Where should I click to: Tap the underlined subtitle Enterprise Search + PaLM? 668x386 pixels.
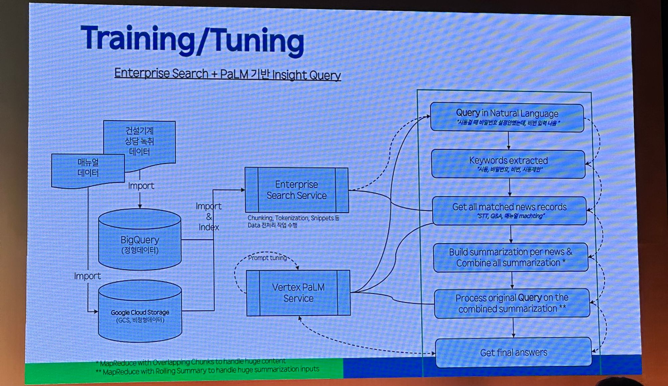pyautogui.click(x=227, y=74)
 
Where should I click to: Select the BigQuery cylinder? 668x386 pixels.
pyautogui.click(x=140, y=241)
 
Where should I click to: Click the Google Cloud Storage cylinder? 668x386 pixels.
pyautogui.click(x=140, y=312)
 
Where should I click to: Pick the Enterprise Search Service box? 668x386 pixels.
pyautogui.click(x=297, y=190)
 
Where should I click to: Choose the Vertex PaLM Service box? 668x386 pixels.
pyautogui.click(x=298, y=293)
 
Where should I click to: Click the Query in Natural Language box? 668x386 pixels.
pyautogui.click(x=507, y=117)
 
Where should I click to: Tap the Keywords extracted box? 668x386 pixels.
pyautogui.click(x=508, y=164)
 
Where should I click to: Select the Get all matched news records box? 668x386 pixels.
pyautogui.click(x=509, y=211)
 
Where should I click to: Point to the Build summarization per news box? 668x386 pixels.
pyautogui.click(x=510, y=257)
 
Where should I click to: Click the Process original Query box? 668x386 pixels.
pyautogui.click(x=512, y=303)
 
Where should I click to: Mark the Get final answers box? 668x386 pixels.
pyautogui.click(x=513, y=353)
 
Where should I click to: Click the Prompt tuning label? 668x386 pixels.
pyautogui.click(x=267, y=258)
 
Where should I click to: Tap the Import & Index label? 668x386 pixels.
pyautogui.click(x=208, y=217)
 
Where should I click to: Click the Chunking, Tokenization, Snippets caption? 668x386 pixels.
pyautogui.click(x=293, y=221)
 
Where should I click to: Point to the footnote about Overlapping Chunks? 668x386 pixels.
pyautogui.click(x=192, y=362)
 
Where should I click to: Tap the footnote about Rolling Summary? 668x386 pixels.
pyautogui.click(x=209, y=370)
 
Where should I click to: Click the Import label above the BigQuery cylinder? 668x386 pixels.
pyautogui.click(x=141, y=186)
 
